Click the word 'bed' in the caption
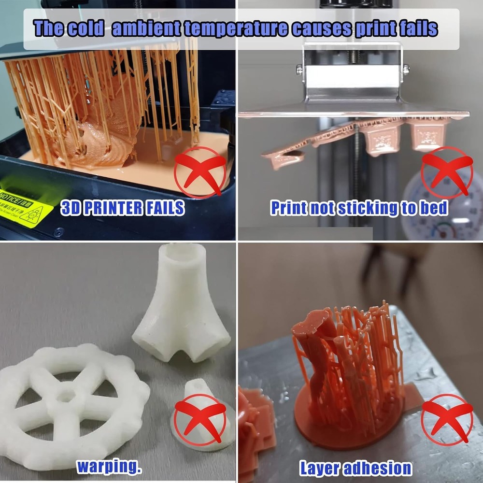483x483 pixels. pyautogui.click(x=435, y=208)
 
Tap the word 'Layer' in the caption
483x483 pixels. pyautogui.click(x=322, y=468)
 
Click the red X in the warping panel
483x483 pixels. pyautogui.click(x=200, y=419)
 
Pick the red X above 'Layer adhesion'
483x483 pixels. pyautogui.click(x=447, y=419)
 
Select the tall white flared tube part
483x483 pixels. pyautogui.click(x=181, y=304)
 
